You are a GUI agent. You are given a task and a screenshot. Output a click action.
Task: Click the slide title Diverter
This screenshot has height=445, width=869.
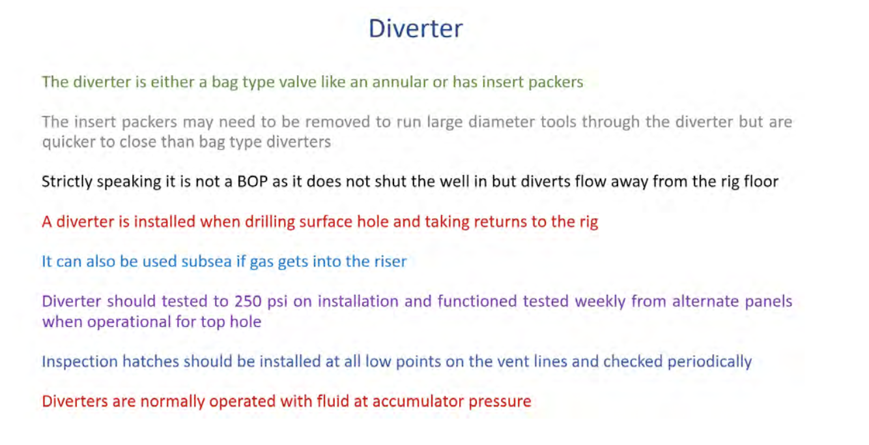(416, 28)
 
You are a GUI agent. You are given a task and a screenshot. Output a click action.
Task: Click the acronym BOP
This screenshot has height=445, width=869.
(252, 181)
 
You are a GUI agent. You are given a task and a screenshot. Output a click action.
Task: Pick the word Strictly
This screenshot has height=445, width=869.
(66, 182)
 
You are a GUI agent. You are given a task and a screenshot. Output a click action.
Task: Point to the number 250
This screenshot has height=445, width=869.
(248, 301)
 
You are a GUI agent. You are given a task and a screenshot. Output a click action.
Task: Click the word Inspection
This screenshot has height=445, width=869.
(79, 362)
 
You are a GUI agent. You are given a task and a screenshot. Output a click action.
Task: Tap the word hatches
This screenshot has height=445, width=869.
(150, 361)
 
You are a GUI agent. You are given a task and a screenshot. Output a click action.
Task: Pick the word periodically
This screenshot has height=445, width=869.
(709, 362)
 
